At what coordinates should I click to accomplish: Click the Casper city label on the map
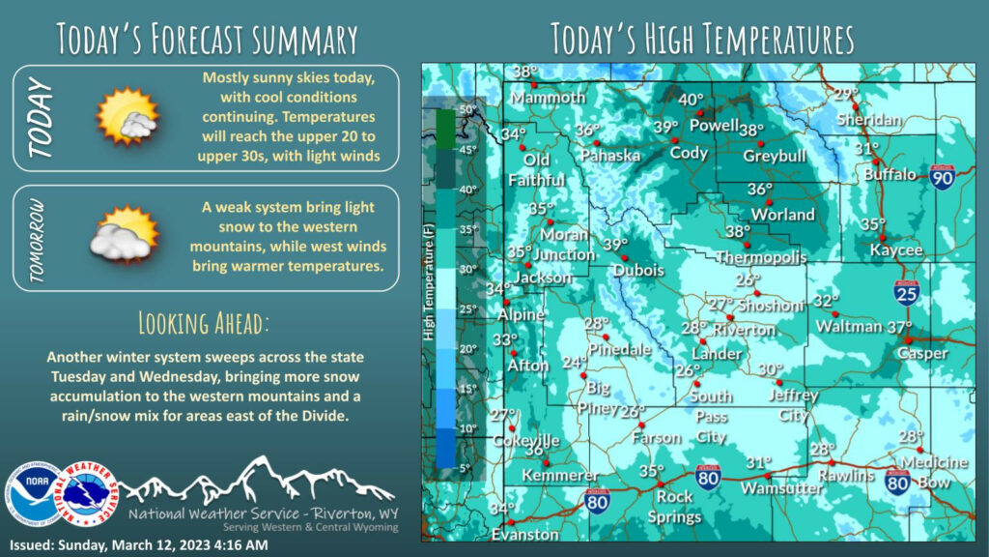click(923, 354)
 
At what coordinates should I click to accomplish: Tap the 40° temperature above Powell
click(691, 100)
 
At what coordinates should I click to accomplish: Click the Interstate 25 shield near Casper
click(906, 293)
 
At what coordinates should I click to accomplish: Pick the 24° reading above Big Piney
click(575, 363)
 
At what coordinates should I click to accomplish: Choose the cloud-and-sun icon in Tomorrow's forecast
click(124, 235)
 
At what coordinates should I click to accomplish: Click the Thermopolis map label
click(761, 257)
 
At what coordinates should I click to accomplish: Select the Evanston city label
click(524, 534)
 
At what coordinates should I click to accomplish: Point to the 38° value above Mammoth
click(525, 73)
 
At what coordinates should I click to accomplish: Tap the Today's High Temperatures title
click(702, 39)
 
